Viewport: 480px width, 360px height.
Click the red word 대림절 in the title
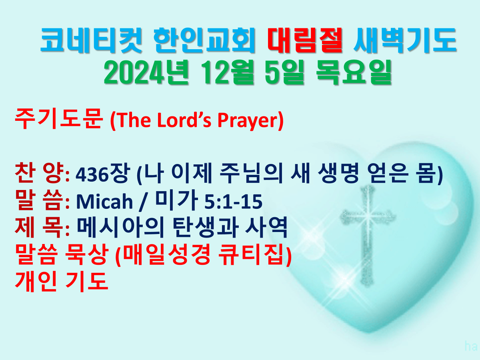pos(305,40)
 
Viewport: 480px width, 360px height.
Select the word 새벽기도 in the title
pos(405,40)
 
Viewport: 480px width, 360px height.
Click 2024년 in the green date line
pos(146,72)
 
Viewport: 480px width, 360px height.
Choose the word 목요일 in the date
pos(354,72)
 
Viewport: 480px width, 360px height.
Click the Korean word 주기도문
pos(59,119)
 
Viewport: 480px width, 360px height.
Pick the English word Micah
pos(104,201)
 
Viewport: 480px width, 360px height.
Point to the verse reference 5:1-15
pos(233,202)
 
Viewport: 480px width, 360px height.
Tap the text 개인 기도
pos(62,282)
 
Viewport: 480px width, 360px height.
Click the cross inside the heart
pos(368,236)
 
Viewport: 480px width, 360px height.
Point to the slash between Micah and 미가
pos(143,202)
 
